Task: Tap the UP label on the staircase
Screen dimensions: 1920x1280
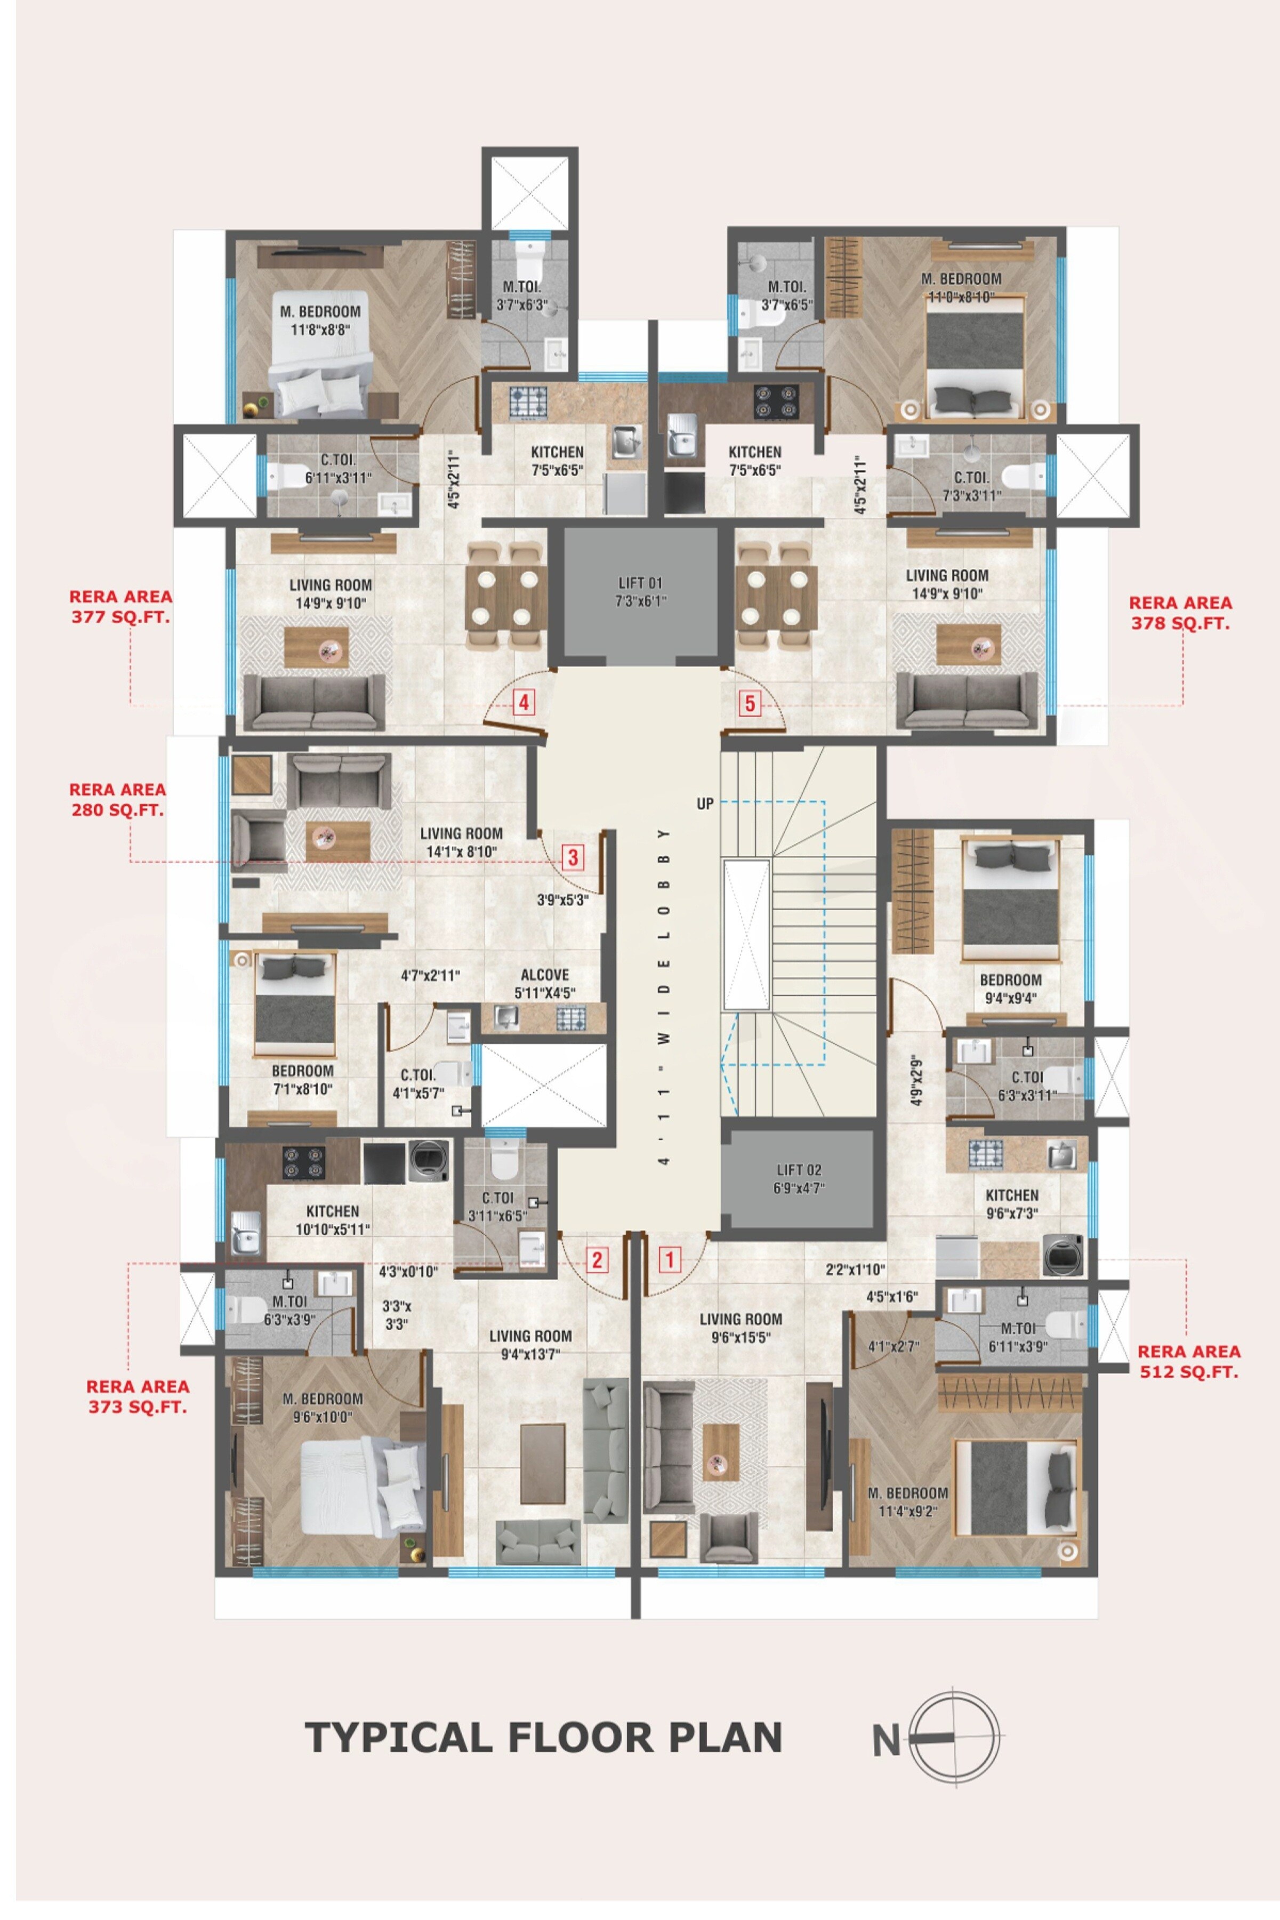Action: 705,804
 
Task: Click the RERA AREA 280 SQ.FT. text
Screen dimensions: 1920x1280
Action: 117,799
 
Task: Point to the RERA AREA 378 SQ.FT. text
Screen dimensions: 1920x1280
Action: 1180,612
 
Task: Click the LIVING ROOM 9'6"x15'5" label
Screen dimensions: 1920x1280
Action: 740,1327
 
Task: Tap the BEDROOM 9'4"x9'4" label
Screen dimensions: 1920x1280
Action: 1011,989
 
